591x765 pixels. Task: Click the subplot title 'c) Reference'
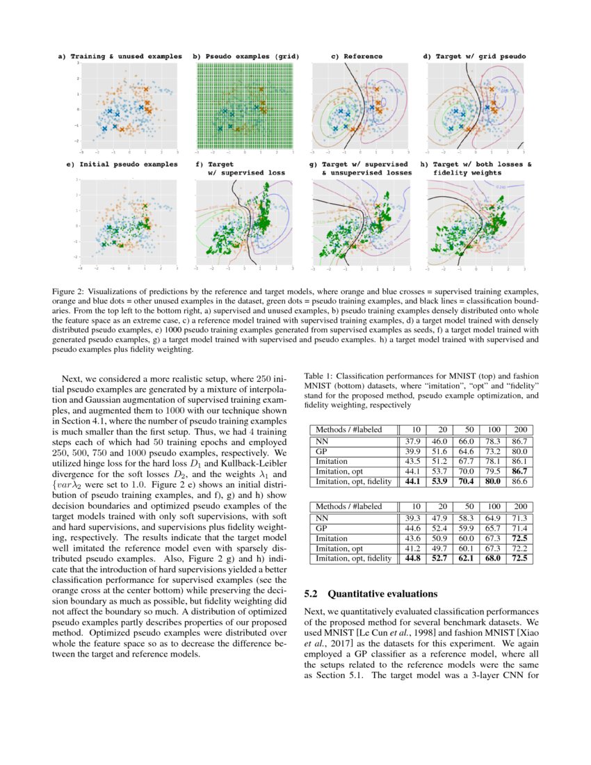click(356, 56)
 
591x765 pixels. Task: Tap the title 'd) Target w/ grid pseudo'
click(474, 56)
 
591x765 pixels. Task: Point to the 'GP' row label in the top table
click(322, 451)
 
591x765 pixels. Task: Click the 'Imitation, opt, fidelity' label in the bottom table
click(353, 558)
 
